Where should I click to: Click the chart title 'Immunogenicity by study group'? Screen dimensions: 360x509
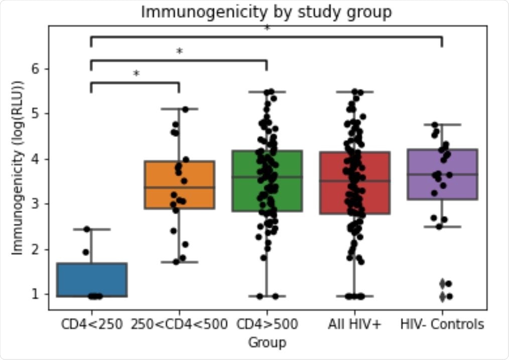click(x=266, y=12)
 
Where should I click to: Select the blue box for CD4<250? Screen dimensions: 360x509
click(x=91, y=279)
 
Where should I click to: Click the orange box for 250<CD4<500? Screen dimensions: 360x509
click(x=179, y=184)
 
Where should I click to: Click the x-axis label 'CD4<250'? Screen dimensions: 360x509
click(x=91, y=324)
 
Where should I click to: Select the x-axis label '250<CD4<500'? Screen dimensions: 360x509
click(x=179, y=324)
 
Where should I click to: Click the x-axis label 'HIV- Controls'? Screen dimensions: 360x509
click(x=442, y=324)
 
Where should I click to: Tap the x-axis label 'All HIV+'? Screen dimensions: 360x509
click(x=354, y=324)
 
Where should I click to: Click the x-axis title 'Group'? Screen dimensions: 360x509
click(x=267, y=342)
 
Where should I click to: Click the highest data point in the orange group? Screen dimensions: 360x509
click(x=185, y=109)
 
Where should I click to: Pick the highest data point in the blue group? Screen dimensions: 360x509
click(x=87, y=229)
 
